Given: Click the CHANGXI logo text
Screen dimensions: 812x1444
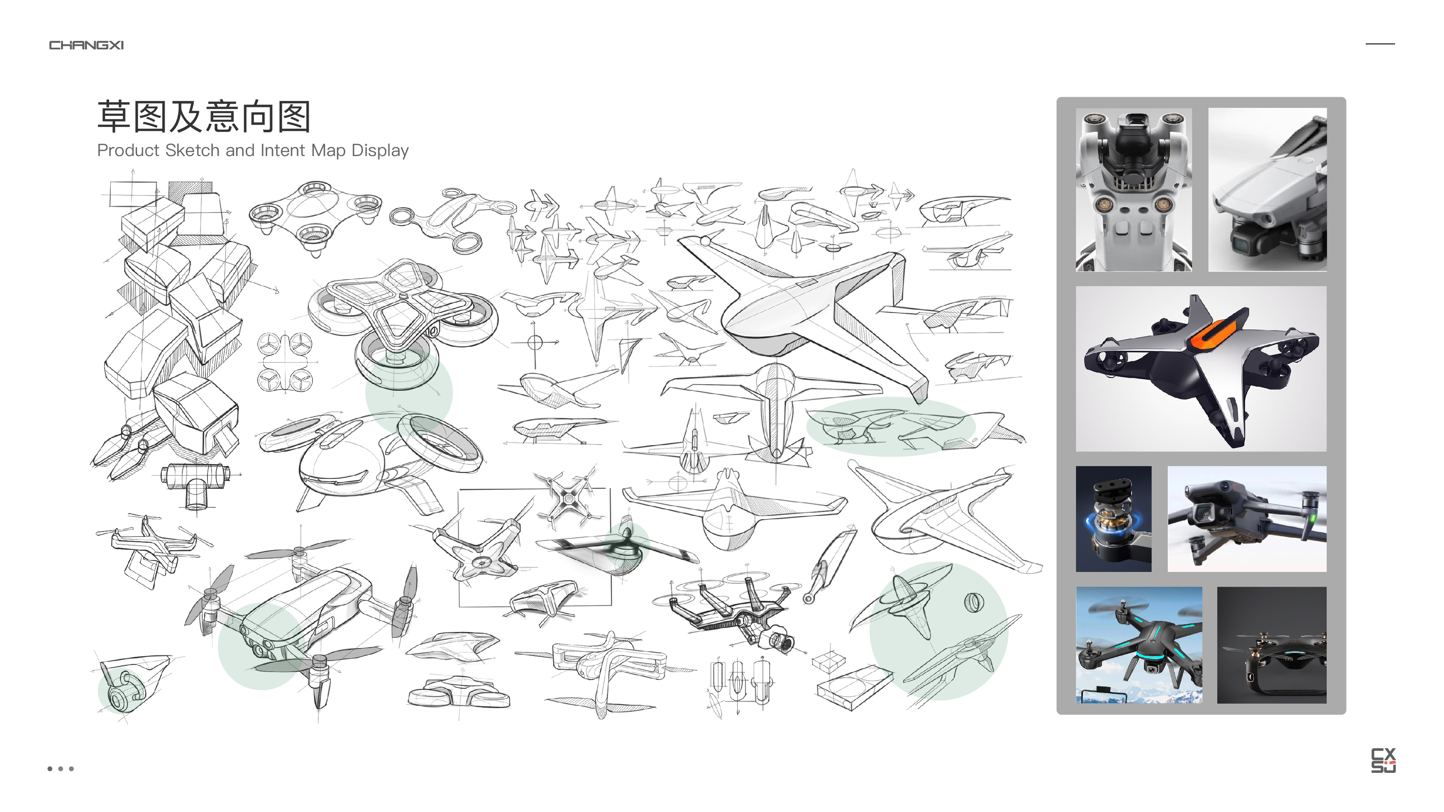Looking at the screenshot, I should point(86,45).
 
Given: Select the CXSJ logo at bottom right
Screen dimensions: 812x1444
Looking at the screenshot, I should point(1383,761).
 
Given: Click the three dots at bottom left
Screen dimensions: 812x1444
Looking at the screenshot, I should point(61,769).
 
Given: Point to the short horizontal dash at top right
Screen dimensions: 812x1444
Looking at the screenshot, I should point(1379,44).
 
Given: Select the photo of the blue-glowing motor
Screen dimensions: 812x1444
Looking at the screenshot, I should point(1113,519).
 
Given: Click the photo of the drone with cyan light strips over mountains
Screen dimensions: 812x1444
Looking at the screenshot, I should point(1139,645).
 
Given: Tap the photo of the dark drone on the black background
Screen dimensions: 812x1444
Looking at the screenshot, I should point(1272,645).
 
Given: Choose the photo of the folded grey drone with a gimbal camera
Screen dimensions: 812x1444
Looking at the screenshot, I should point(1267,189).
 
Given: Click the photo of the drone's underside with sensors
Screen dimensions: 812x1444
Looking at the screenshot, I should point(1134,189).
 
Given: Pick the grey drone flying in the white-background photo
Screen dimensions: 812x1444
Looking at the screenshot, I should point(1247,519).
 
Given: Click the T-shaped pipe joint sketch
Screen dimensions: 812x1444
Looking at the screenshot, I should point(195,482).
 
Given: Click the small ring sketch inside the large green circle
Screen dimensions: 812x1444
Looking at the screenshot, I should point(973,602).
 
